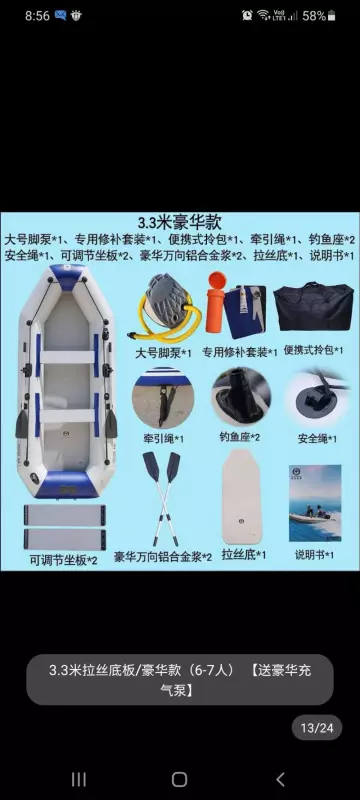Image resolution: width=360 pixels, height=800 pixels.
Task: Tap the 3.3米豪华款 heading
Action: [x=179, y=222]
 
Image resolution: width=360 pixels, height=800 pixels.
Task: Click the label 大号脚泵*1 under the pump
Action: [x=163, y=353]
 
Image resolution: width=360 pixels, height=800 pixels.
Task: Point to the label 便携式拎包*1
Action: [x=313, y=350]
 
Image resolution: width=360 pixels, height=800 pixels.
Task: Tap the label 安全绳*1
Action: [x=317, y=439]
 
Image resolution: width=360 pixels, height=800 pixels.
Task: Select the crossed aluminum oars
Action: [x=162, y=497]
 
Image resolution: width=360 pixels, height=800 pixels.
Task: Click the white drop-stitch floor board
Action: [x=241, y=496]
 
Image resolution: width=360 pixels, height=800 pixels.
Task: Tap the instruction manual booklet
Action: [x=315, y=503]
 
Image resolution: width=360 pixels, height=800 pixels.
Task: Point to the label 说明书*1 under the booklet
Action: [x=315, y=555]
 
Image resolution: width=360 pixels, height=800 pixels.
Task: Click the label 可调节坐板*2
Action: [x=64, y=561]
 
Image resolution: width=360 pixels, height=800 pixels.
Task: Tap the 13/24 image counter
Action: [x=317, y=728]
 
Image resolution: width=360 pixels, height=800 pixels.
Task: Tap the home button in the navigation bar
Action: [x=179, y=779]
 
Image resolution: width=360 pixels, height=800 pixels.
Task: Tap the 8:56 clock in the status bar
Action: [x=38, y=16]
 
